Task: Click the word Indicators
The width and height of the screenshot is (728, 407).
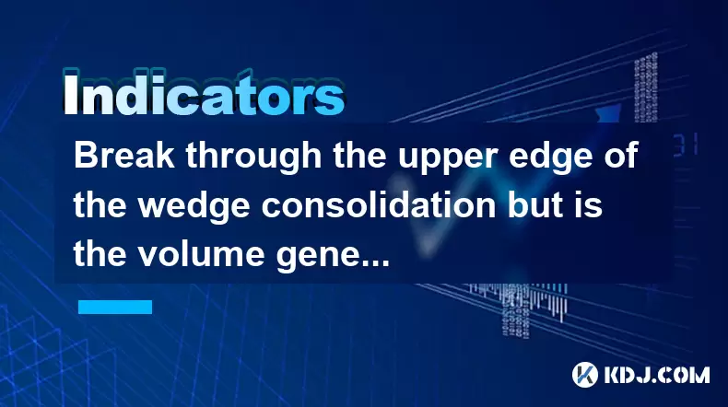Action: tap(204, 95)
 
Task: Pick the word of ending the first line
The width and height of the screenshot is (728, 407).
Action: tap(621, 156)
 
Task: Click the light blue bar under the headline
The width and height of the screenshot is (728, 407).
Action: tap(115, 307)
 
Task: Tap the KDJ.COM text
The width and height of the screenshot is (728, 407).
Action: tap(656, 375)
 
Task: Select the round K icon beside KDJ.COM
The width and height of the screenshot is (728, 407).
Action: tap(585, 375)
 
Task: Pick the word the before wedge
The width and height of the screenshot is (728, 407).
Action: tap(100, 205)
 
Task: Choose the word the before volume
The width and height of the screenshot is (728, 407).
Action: tap(100, 255)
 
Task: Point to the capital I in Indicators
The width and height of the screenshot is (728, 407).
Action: tap(70, 95)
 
